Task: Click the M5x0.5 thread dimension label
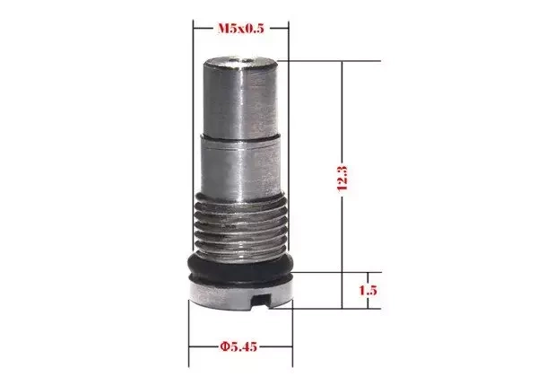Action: coord(240,29)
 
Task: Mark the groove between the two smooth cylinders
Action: coord(240,136)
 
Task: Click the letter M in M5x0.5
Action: coord(221,29)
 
